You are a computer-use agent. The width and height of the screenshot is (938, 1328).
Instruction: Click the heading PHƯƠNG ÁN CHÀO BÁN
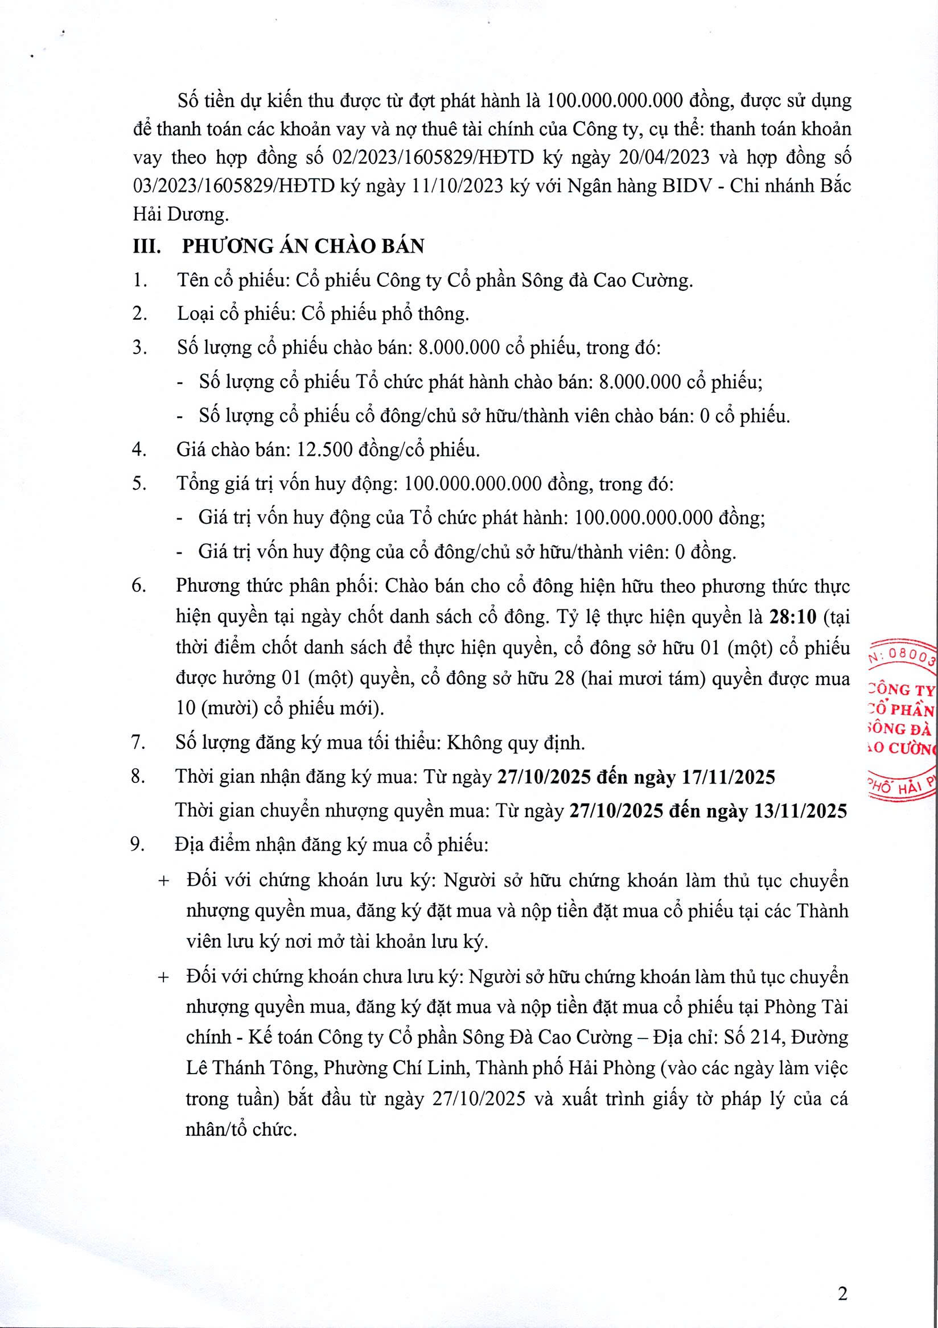303,246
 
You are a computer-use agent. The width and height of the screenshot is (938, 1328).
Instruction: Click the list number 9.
138,844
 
